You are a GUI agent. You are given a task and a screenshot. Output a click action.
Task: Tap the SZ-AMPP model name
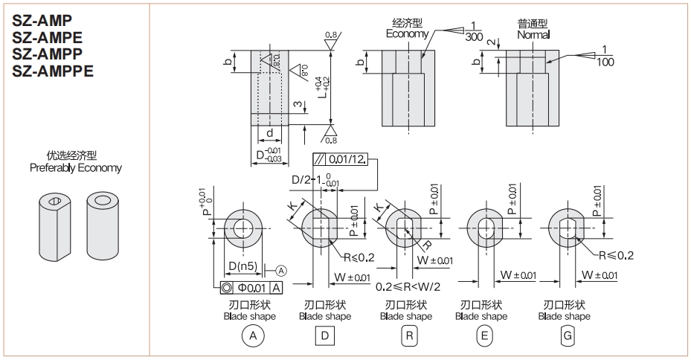(46, 54)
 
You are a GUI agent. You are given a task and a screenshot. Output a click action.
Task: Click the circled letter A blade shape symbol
(254, 336)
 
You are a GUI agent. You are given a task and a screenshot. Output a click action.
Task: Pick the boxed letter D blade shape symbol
(324, 336)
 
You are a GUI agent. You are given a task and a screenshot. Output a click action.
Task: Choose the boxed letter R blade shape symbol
(408, 336)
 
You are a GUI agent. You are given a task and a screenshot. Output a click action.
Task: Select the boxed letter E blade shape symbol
(485, 336)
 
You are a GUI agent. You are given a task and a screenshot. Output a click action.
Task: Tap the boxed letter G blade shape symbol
(568, 336)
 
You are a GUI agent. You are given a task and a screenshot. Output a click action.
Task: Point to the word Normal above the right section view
(533, 34)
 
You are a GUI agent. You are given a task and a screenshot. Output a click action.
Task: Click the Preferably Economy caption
(76, 168)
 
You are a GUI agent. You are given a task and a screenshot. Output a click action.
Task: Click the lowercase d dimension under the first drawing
(270, 132)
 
